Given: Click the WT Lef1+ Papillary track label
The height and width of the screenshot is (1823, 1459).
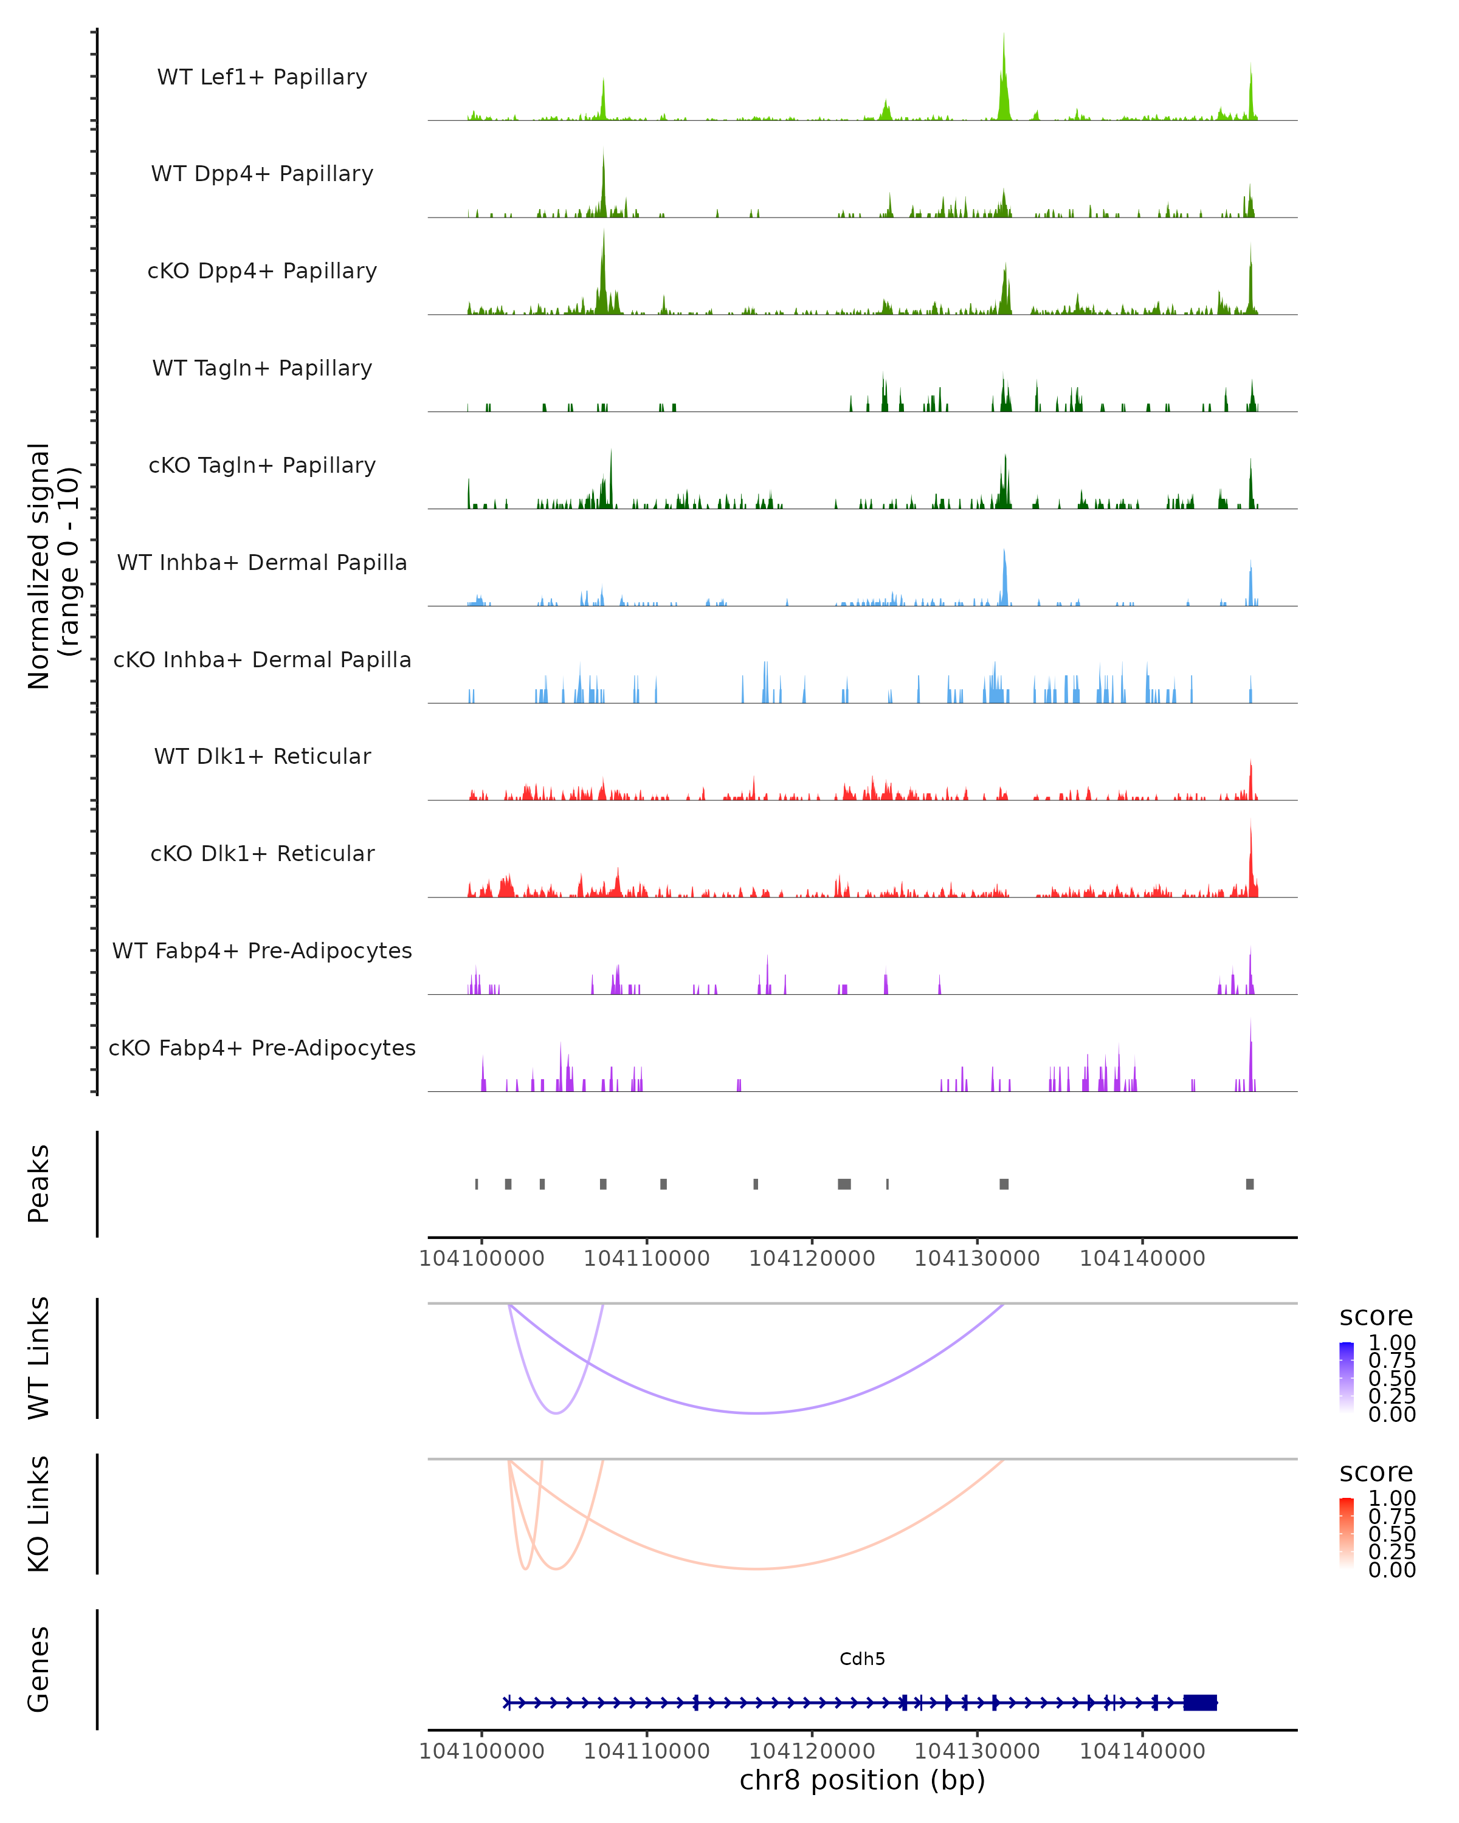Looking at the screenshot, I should click(262, 77).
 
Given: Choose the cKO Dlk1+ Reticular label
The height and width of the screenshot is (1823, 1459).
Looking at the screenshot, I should click(262, 853).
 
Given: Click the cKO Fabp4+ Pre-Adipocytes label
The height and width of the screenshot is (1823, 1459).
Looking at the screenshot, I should click(262, 1048).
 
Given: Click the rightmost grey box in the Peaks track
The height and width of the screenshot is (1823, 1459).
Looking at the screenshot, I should click(1250, 1184).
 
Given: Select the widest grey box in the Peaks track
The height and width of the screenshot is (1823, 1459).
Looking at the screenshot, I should click(844, 1184).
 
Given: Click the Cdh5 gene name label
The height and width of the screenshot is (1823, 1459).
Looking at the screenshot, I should click(862, 1659).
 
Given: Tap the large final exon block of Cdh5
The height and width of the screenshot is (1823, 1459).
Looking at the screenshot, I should click(1200, 1703).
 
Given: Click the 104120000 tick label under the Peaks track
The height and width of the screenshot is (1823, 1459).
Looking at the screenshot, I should click(812, 1258).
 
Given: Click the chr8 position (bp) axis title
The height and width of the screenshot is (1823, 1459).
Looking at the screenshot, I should click(862, 1780).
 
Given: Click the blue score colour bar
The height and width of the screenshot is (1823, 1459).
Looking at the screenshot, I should click(1347, 1376).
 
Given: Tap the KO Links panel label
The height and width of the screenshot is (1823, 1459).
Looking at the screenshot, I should click(39, 1514).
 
